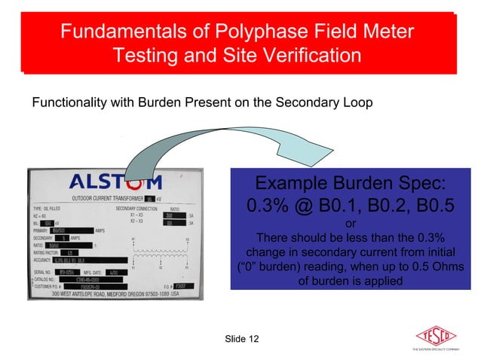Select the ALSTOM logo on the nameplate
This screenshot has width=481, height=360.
pos(115,182)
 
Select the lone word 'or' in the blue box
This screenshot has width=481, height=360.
pos(350,223)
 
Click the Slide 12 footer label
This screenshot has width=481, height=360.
pos(241,340)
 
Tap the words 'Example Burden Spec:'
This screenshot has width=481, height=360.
pos(350,184)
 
